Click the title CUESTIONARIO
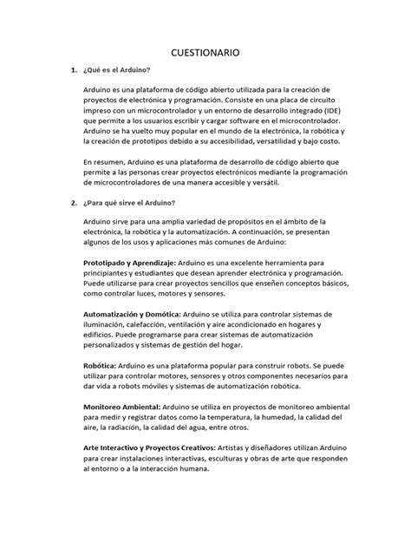pos(205,51)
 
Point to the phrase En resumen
pos(109,161)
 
